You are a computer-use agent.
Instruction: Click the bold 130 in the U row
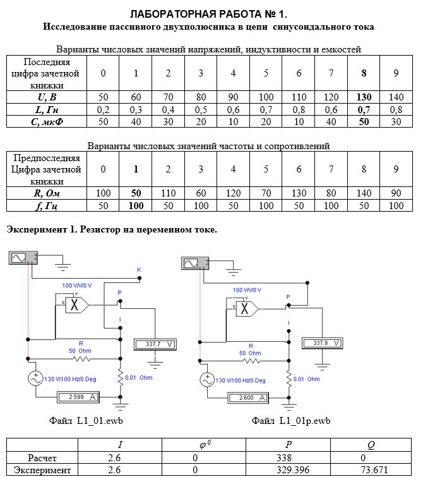[364, 97]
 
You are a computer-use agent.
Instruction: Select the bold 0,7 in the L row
[364, 109]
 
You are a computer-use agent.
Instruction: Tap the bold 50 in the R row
[136, 193]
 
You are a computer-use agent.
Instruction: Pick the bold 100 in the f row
[136, 205]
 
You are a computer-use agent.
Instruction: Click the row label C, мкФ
[47, 122]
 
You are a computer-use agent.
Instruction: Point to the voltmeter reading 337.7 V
[155, 344]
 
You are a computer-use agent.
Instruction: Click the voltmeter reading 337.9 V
[323, 343]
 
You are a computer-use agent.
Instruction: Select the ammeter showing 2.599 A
[78, 397]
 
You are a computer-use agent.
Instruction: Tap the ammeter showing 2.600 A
[248, 398]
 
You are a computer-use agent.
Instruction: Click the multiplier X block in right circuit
[247, 309]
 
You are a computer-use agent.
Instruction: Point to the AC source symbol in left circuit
[35, 379]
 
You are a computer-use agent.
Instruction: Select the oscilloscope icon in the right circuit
[195, 263]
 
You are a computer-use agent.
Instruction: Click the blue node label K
[139, 270]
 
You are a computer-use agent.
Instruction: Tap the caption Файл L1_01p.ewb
[291, 421]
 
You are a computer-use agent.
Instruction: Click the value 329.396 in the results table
[293, 470]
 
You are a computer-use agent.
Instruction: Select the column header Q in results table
[371, 445]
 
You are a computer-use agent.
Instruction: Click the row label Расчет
[42, 458]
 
